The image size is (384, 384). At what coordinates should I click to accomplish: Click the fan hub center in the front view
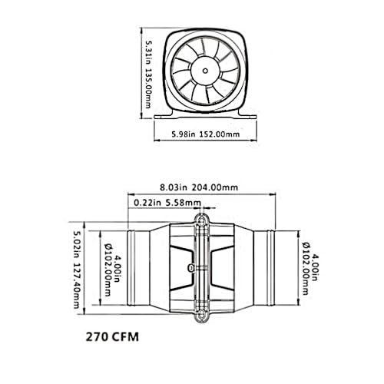(x=205, y=71)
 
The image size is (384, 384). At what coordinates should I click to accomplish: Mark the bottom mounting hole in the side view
(x=203, y=314)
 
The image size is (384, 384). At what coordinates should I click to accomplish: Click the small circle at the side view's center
(x=190, y=267)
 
